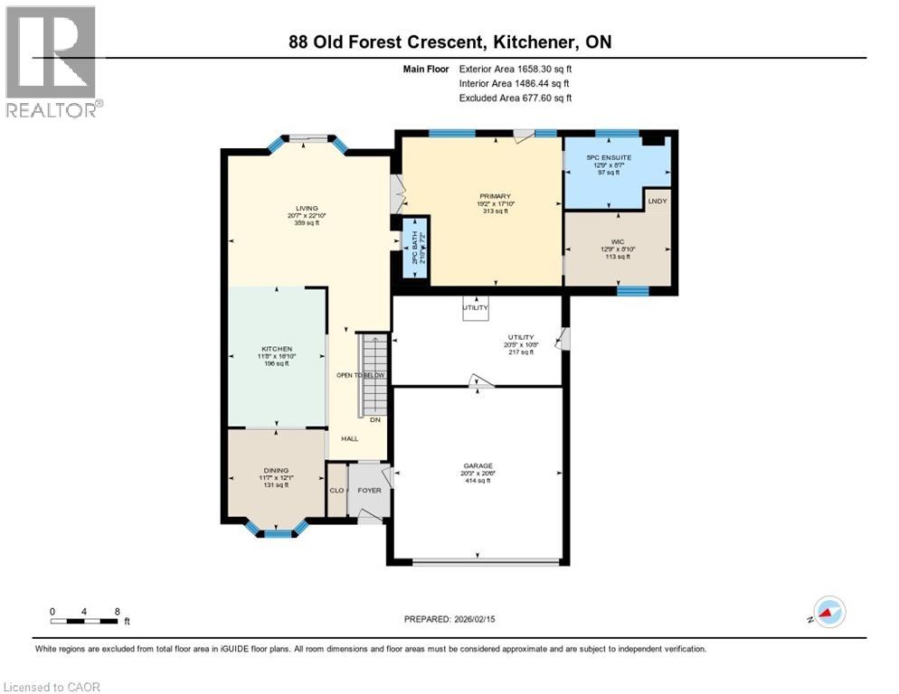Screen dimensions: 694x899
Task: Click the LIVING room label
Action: coord(298,207)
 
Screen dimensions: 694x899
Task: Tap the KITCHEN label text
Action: coord(275,348)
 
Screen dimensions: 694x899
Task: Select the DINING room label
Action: coord(275,470)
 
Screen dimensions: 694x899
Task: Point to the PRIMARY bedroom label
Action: coord(496,196)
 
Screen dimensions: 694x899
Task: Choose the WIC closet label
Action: coord(615,242)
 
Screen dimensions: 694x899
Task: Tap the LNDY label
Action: coord(658,201)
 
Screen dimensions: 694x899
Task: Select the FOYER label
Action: coord(370,491)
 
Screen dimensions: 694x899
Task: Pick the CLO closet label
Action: coord(336,491)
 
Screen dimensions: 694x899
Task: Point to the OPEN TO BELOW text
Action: coord(360,375)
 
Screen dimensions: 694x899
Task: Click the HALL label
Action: coord(349,438)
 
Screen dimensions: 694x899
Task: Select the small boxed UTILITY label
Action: coord(475,307)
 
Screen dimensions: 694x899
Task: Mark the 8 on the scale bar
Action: coord(117,611)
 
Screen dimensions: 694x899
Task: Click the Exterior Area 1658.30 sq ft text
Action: coord(516,68)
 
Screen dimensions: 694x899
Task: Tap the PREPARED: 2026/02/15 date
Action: coord(449,619)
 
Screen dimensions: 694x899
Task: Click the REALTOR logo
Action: coord(52,61)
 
